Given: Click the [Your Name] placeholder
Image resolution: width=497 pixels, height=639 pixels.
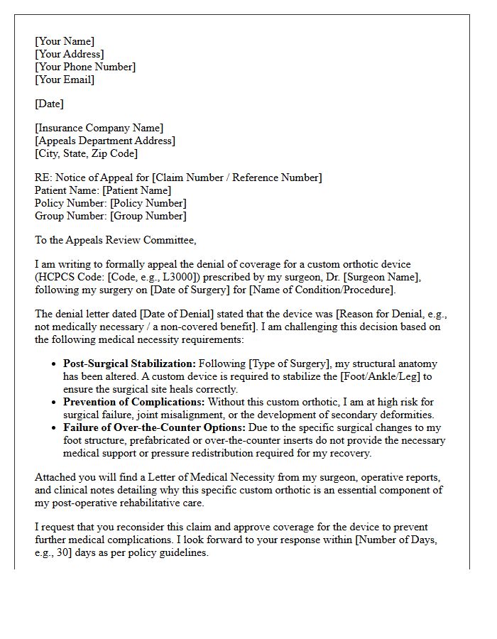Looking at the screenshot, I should click(x=65, y=41).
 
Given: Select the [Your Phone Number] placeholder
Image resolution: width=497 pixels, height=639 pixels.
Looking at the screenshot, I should click(x=85, y=67).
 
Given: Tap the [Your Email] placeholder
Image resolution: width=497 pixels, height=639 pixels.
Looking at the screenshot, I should click(x=65, y=80).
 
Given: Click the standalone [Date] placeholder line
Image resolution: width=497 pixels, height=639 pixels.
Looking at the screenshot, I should click(x=49, y=104).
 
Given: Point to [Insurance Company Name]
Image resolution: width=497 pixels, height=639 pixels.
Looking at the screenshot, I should click(x=99, y=128).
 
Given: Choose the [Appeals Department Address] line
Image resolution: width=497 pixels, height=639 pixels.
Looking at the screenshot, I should click(x=105, y=141).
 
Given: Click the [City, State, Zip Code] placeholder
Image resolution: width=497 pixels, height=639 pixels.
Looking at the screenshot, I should click(x=86, y=153).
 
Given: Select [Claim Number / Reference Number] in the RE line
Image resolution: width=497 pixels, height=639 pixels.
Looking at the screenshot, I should click(x=237, y=177).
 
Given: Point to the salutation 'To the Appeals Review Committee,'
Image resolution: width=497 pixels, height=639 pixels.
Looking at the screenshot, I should click(x=115, y=240).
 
